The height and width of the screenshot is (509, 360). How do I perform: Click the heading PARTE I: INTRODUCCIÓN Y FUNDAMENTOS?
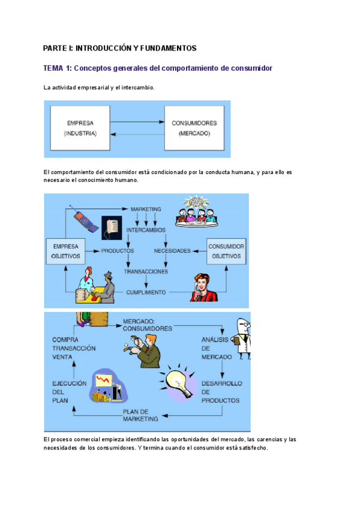pos(120,47)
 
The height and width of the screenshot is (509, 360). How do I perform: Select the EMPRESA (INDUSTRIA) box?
pos(80,128)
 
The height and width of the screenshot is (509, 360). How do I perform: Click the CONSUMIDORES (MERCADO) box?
pos(194,128)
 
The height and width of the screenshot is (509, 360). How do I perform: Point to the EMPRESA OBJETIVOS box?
pos(66,251)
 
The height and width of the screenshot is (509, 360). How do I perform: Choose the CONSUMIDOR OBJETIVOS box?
pos(227,251)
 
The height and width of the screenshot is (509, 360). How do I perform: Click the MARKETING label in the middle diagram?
pos(146,209)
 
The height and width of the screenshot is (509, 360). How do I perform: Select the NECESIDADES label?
pos(172,250)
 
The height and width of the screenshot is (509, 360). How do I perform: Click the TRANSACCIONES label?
pos(146,271)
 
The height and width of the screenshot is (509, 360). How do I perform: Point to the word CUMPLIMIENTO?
pos(146,292)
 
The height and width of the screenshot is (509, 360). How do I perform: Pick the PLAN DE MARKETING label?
pos(140,415)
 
